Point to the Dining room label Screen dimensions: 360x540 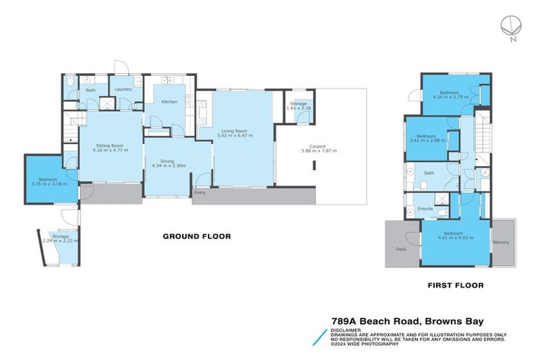click(167, 162)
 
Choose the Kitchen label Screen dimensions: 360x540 click(169, 102)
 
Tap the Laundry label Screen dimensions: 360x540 click(123, 89)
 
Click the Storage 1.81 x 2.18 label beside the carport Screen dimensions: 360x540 click(299, 106)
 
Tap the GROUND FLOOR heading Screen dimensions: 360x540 click(197, 236)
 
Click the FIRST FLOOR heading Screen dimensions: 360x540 click(455, 285)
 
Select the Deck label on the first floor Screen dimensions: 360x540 click(401, 248)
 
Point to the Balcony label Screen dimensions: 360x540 click(502, 243)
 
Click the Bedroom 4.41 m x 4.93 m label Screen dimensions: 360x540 click(453, 236)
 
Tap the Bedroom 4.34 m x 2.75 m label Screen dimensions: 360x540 click(449, 95)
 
